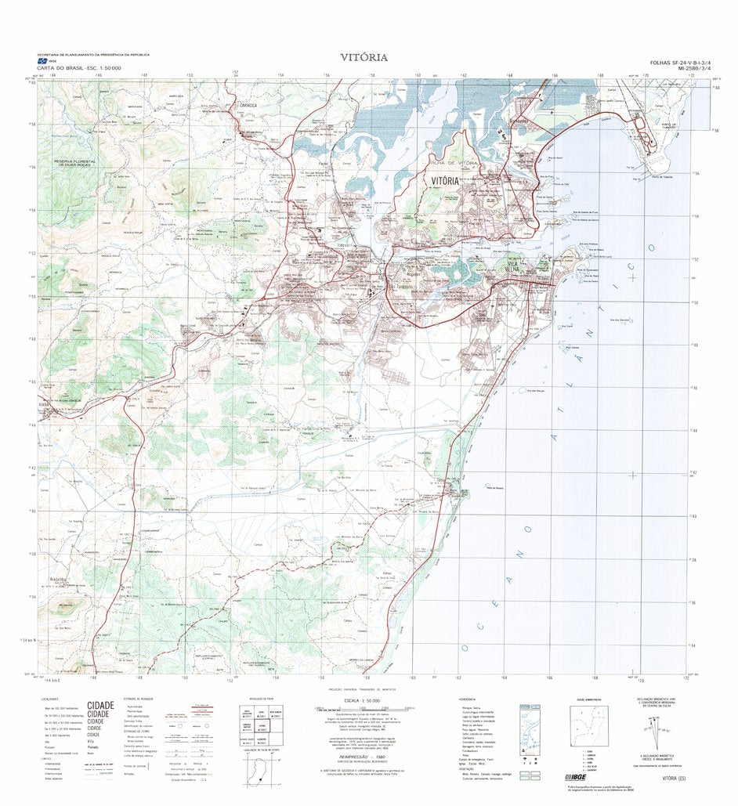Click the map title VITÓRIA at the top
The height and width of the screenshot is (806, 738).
[363, 57]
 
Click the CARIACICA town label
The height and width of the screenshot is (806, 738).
[248, 103]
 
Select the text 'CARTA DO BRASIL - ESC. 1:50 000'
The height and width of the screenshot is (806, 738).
[67, 69]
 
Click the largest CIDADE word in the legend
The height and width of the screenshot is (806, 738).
[100, 705]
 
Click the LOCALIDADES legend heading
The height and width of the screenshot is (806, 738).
[49, 698]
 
